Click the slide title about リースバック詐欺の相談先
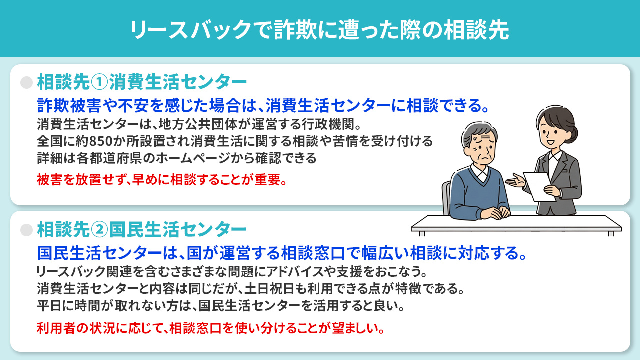click(319, 29)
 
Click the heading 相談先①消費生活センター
click(142, 82)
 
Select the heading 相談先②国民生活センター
click(142, 229)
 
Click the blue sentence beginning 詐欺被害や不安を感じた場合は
click(263, 106)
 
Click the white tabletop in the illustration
click(515, 223)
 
